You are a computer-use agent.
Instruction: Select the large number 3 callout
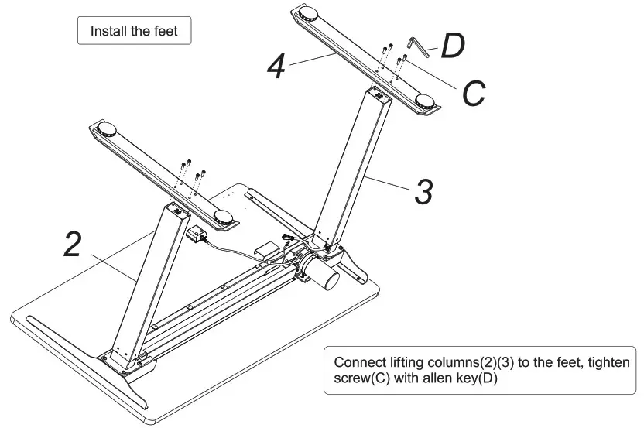423,191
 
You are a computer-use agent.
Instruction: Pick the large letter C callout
473,94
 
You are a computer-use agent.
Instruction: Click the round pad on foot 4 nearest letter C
425,101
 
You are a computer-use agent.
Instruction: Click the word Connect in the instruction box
355,362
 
